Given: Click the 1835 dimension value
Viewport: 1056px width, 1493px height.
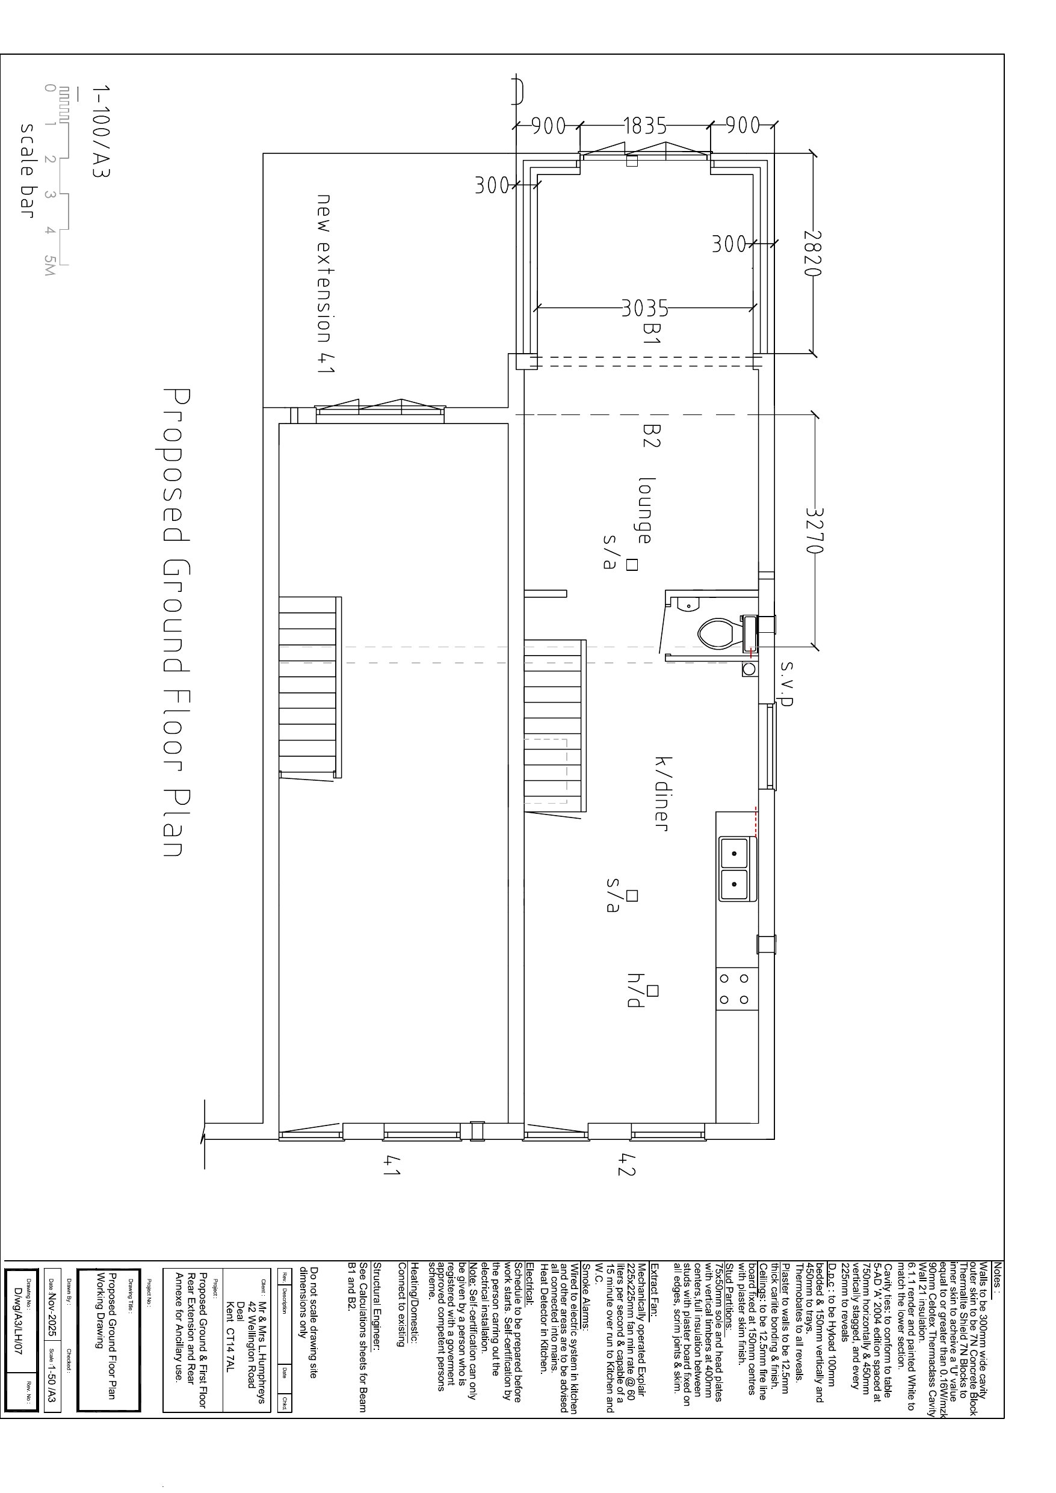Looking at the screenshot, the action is [645, 126].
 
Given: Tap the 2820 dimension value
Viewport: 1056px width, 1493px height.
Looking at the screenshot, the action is [814, 253].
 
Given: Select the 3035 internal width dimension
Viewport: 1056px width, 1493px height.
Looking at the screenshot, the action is [645, 307].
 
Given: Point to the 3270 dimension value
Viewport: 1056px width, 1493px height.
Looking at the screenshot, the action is [814, 530].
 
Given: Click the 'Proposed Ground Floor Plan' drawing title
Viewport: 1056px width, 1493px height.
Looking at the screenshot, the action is [174, 623].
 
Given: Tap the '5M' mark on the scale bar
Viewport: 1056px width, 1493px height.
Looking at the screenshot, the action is [49, 265].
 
